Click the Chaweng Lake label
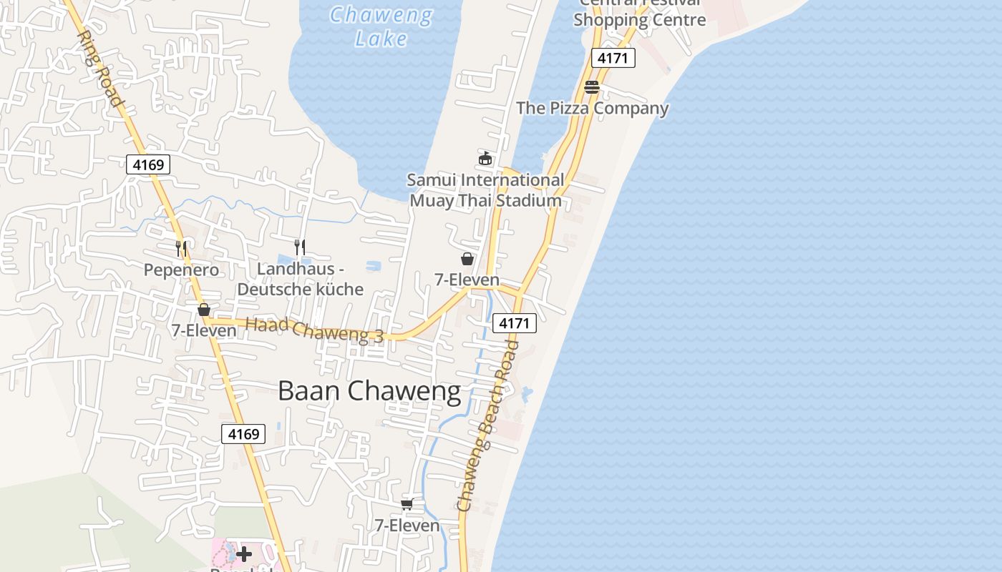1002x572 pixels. click(x=381, y=26)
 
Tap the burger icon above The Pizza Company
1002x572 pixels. click(x=592, y=87)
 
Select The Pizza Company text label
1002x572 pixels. click(x=593, y=109)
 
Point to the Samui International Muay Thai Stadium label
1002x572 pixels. click(x=485, y=190)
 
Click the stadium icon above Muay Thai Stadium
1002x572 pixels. click(x=485, y=158)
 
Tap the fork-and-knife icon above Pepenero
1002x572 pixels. click(x=181, y=249)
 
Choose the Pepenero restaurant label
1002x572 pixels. click(x=181, y=270)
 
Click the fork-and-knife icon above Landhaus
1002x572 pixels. click(x=301, y=247)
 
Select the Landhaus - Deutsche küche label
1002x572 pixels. click(x=301, y=279)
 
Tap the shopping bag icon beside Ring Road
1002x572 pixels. click(x=204, y=310)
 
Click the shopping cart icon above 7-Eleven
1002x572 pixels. click(x=407, y=505)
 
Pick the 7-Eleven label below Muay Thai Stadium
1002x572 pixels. click(x=467, y=280)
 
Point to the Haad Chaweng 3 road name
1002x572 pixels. click(x=315, y=330)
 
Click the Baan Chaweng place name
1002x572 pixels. click(x=369, y=391)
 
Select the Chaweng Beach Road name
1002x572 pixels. click(x=488, y=425)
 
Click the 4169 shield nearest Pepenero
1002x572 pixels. click(x=148, y=165)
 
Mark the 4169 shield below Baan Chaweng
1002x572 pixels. click(x=243, y=434)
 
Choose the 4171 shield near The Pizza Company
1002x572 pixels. click(x=613, y=58)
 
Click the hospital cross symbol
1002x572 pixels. click(x=244, y=554)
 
